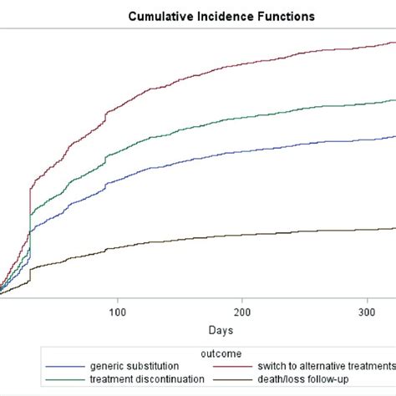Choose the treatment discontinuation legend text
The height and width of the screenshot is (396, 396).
(143, 379)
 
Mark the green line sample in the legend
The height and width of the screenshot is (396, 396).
(66, 380)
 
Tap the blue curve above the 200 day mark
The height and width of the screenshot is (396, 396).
(242, 150)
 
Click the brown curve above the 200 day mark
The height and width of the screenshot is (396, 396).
(242, 235)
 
